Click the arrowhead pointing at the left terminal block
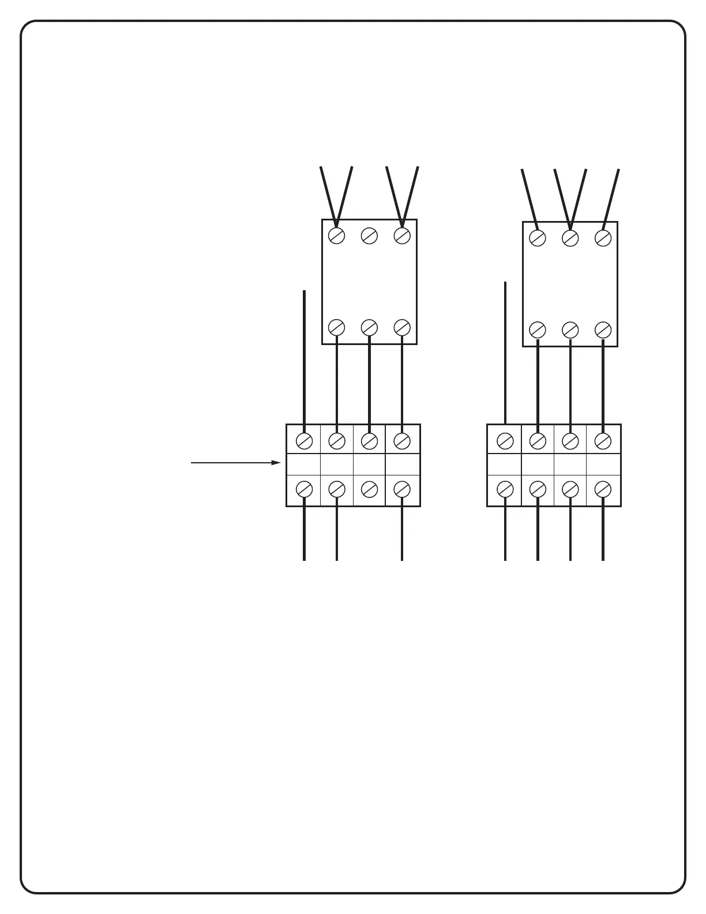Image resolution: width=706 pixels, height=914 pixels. pyautogui.click(x=276, y=463)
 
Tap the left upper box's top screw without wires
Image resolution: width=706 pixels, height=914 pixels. pyautogui.click(x=369, y=235)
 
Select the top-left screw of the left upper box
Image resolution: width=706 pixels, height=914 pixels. pyautogui.click(x=336, y=235)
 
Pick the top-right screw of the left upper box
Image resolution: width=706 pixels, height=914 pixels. pyautogui.click(x=402, y=235)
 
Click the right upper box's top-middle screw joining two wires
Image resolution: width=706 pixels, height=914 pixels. pyautogui.click(x=570, y=238)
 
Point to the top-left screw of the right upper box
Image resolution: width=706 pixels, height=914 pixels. pyautogui.click(x=538, y=238)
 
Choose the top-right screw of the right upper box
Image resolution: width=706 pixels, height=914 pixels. pyautogui.click(x=603, y=238)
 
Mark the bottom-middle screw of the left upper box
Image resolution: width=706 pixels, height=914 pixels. pyautogui.click(x=369, y=327)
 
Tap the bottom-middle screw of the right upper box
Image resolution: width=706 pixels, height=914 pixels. pyautogui.click(x=570, y=329)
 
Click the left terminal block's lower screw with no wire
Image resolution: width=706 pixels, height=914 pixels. pyautogui.click(x=369, y=489)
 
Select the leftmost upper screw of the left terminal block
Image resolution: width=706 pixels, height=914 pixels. pyautogui.click(x=304, y=441)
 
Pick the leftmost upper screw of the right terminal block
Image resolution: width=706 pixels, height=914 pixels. pyautogui.click(x=505, y=441)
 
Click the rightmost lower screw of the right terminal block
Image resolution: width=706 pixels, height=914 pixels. pyautogui.click(x=603, y=489)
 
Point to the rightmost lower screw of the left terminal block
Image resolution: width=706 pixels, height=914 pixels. pyautogui.click(x=402, y=489)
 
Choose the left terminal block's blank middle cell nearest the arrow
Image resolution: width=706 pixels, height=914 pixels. pyautogui.click(x=303, y=465)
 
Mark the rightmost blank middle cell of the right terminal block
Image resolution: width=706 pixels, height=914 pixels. pyautogui.click(x=603, y=465)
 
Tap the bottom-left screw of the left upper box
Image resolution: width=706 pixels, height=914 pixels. pyautogui.click(x=336, y=327)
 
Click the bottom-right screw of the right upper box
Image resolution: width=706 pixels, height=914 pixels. pyautogui.click(x=603, y=329)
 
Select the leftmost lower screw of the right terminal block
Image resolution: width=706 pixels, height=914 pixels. pyautogui.click(x=505, y=489)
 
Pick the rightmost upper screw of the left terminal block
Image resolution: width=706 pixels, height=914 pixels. pyautogui.click(x=402, y=441)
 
